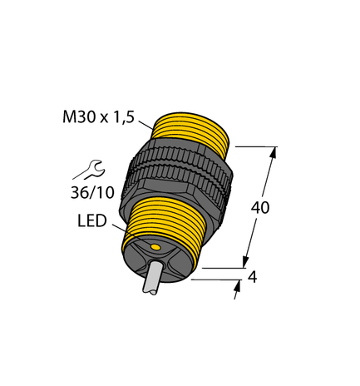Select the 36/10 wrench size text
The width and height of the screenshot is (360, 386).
point(89,194)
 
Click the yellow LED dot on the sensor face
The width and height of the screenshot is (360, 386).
point(155,249)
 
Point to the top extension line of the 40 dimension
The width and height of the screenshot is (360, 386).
point(254,146)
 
